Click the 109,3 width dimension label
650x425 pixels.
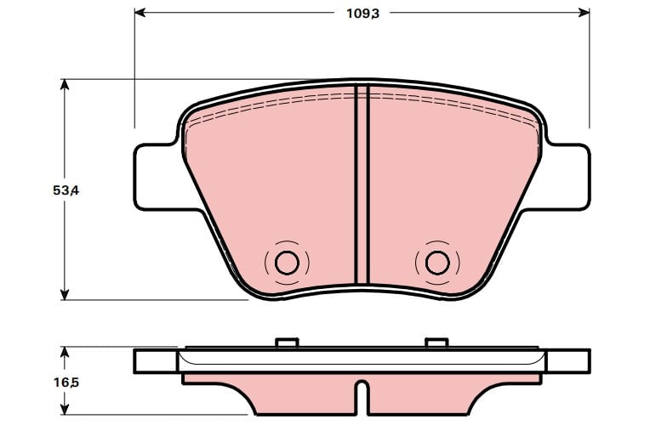tap(362, 14)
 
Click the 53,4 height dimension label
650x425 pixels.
tap(66, 190)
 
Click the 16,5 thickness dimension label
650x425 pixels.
tap(66, 382)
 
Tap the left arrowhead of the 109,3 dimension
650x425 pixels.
tap(140, 13)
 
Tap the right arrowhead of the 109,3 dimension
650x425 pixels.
tap(584, 13)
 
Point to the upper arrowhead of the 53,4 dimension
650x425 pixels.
tap(65, 84)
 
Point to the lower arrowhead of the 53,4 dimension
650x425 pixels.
tap(65, 294)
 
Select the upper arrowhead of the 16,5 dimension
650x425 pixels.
tap(65, 352)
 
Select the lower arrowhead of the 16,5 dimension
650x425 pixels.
tap(65, 409)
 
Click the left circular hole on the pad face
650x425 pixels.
tap(287, 263)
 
